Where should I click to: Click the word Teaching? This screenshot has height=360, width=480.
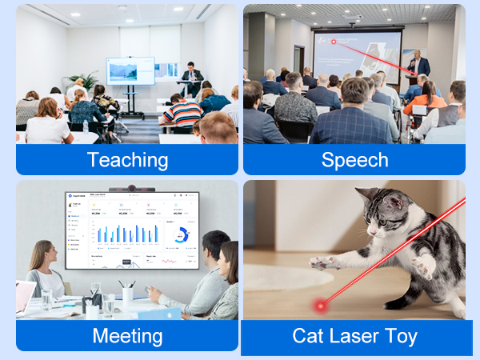pyautogui.click(x=128, y=159)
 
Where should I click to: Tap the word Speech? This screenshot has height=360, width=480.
pyautogui.click(x=354, y=159)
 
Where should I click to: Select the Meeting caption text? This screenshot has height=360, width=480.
pyautogui.click(x=127, y=335)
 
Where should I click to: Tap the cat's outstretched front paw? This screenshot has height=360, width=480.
pyautogui.click(x=320, y=262)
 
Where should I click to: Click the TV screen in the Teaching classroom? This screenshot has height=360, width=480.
pyautogui.click(x=130, y=70)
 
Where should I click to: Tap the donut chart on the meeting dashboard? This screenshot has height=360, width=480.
pyautogui.click(x=180, y=235)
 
